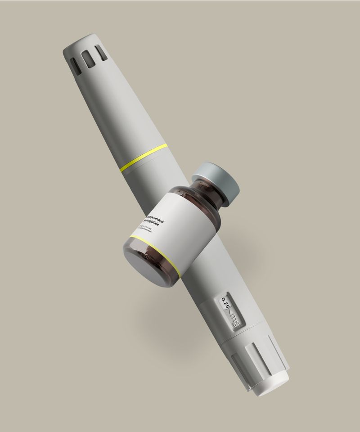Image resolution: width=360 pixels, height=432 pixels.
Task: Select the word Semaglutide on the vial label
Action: [x=154, y=224]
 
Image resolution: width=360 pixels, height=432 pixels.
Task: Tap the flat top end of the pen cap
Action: [x=81, y=41]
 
